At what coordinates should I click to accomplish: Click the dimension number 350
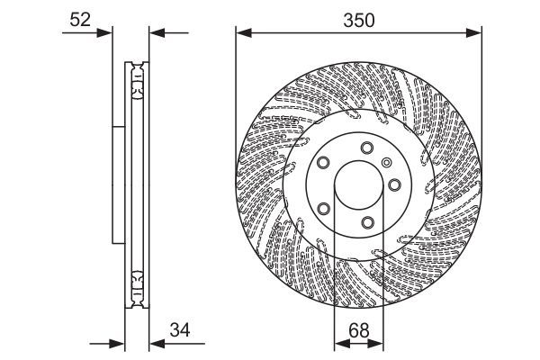(357, 18)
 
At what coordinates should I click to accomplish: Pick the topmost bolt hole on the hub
(365, 148)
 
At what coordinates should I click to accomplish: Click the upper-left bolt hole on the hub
(323, 165)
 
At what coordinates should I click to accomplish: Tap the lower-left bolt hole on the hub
(323, 209)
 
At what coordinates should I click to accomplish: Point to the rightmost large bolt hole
(395, 185)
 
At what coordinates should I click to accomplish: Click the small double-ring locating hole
(386, 163)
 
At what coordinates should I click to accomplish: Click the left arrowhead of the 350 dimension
(241, 33)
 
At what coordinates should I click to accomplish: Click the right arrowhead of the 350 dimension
(476, 33)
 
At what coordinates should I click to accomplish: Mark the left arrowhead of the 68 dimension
(339, 343)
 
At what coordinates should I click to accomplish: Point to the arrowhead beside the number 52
(109, 33)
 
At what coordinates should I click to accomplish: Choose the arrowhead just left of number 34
(152, 343)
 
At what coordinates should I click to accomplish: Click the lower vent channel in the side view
(137, 286)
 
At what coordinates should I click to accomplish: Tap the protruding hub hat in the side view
(117, 184)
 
